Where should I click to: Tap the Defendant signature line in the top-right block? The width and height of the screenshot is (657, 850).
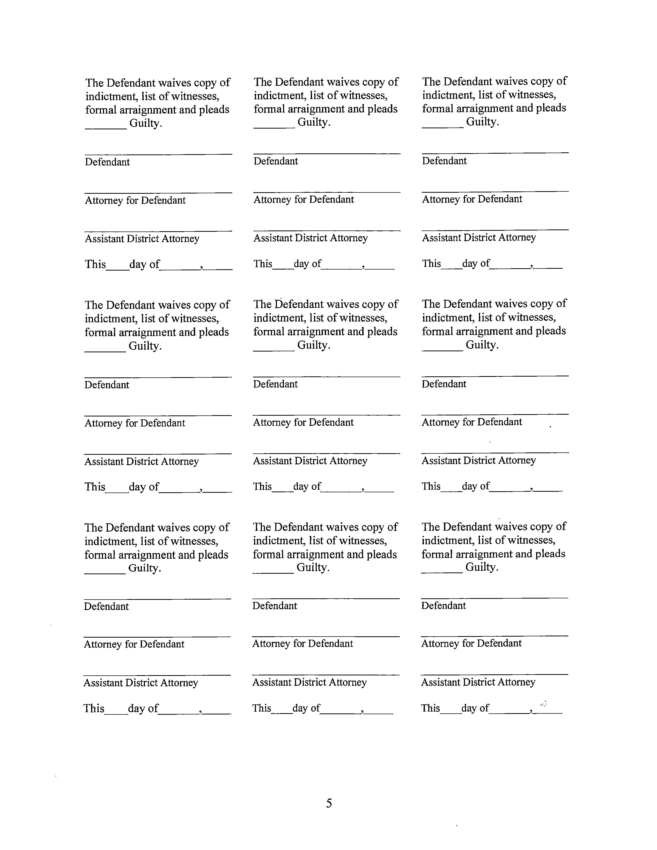(495, 152)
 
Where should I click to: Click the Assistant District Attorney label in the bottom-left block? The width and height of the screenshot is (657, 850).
(141, 683)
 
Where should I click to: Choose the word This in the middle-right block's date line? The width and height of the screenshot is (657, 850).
(431, 486)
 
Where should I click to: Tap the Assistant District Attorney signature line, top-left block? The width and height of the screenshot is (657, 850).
(158, 231)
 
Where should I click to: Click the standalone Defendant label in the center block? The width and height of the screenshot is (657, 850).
(275, 384)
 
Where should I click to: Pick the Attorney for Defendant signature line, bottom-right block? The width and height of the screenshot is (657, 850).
(494, 636)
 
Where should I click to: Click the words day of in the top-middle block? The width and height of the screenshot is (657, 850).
(307, 264)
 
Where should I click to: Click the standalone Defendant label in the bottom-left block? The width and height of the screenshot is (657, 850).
(106, 606)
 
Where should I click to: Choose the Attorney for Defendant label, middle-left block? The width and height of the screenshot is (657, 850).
(135, 423)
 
